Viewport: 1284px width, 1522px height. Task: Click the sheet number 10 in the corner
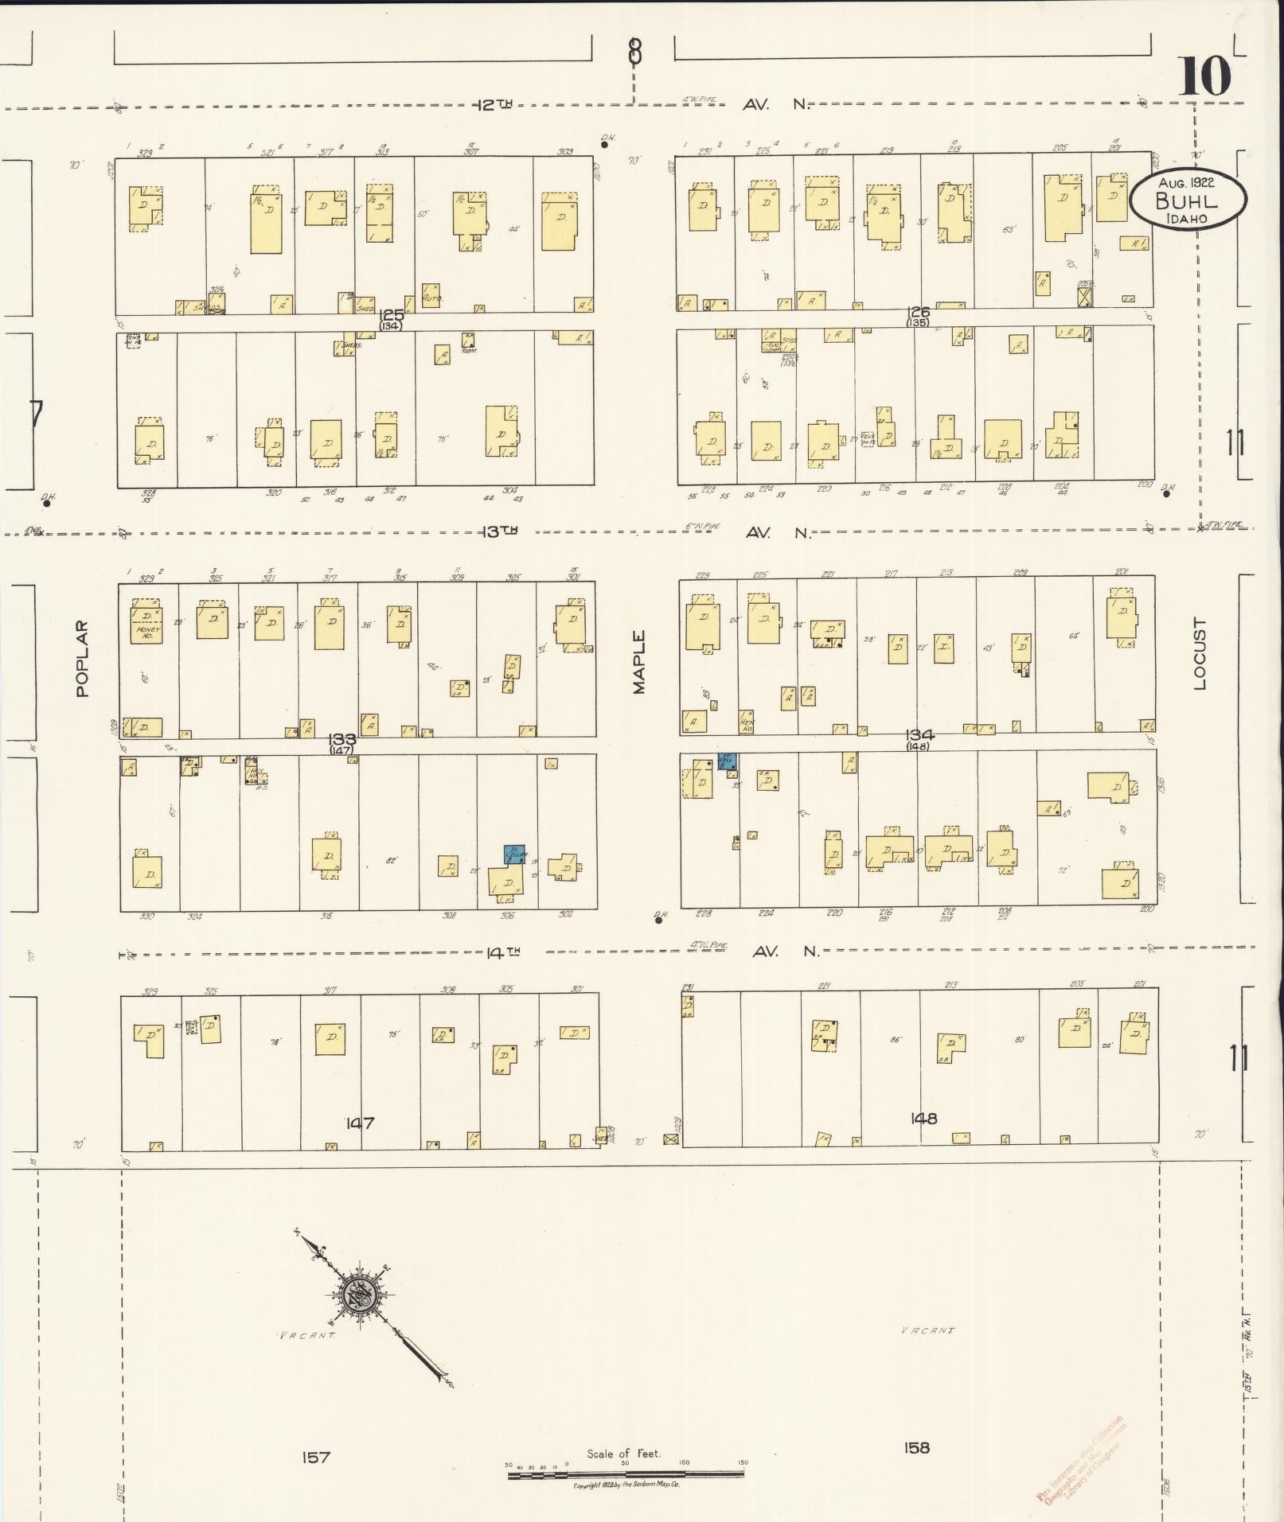click(1204, 77)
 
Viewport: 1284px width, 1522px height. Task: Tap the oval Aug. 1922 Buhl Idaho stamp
click(1188, 200)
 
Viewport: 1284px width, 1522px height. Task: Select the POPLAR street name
click(83, 659)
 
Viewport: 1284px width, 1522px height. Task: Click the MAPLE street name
click(639, 663)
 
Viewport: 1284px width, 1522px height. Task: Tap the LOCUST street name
click(1200, 654)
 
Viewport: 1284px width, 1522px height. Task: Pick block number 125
click(392, 315)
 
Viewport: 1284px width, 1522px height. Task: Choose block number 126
click(918, 313)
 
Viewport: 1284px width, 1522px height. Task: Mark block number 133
click(341, 739)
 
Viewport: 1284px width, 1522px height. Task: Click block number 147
click(360, 1123)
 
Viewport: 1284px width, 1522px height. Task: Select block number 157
click(316, 1458)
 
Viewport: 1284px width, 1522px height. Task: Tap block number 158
click(916, 1447)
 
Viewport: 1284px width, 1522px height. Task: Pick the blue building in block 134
click(727, 761)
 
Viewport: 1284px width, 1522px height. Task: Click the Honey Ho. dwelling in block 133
click(147, 625)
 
